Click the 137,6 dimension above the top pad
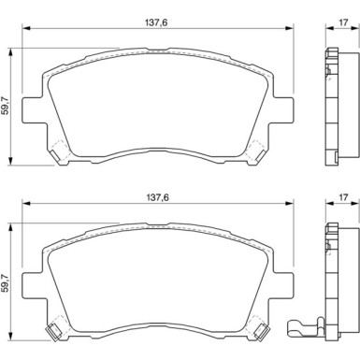[x=156, y=22]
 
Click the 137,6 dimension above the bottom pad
[x=157, y=197]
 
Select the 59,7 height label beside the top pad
[x=5, y=106]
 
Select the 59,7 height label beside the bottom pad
[x=5, y=281]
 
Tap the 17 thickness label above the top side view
[x=343, y=22]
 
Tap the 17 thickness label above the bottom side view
[x=343, y=197]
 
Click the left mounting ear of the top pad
[x=32, y=109]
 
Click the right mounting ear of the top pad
[x=283, y=109]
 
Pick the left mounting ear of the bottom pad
[x=32, y=285]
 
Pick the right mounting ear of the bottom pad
[x=283, y=285]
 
